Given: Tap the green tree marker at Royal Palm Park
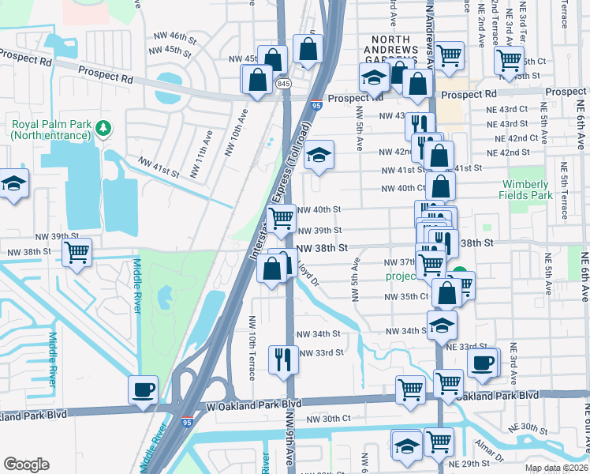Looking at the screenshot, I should [103, 127].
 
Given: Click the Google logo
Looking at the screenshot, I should [26, 465].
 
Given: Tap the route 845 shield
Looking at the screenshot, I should [282, 83].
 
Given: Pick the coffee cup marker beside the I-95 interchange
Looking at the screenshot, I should [143, 389].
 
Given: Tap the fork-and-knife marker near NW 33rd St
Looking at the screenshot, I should [282, 359].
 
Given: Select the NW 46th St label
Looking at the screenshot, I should [170, 37].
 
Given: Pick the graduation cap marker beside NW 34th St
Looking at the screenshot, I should [442, 325].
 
